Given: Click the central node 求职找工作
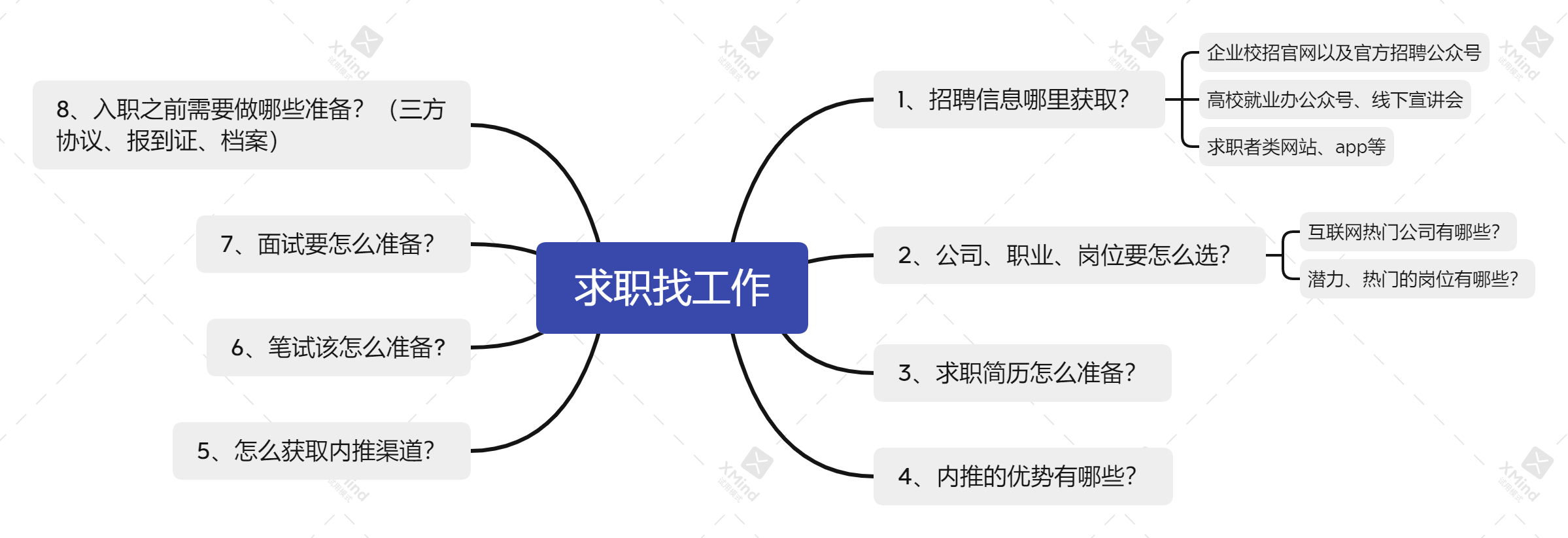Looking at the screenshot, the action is pos(672,288).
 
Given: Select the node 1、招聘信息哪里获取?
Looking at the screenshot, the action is pos(1018,99).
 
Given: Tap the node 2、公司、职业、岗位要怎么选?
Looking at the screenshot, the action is pos(1068,255).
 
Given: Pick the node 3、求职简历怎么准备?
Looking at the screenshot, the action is pos(1021,373).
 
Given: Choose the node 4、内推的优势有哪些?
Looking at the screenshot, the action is pos(1022,476).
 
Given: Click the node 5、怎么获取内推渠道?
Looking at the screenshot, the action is pos(321,451).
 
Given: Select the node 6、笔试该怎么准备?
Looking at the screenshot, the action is pos(338,348).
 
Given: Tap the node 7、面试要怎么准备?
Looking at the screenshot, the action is pos(333,244).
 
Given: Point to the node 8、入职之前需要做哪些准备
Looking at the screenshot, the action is pos(251,125).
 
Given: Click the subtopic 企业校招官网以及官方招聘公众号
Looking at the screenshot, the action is pos(1343,52).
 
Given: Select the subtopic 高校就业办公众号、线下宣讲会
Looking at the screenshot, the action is pos(1334,100).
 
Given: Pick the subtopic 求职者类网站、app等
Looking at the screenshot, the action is pos(1295,147).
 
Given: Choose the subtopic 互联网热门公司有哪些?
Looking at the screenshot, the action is pos(1407,232).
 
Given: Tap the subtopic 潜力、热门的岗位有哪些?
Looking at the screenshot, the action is pos(1416,279).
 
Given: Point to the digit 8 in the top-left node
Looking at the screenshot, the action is pos(63,109).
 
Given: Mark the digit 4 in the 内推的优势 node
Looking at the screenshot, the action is pos(905,476).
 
